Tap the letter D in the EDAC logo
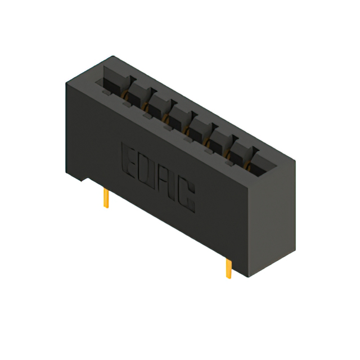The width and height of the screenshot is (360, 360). (148, 171)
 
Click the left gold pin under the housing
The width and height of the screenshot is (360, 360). (106, 198)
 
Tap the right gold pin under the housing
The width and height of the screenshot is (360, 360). (229, 268)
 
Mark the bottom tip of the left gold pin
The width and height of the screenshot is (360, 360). (106, 208)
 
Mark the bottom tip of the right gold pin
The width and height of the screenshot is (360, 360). (229, 278)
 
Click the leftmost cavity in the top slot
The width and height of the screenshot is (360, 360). (114, 80)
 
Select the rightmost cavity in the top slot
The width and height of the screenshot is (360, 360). (263, 164)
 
